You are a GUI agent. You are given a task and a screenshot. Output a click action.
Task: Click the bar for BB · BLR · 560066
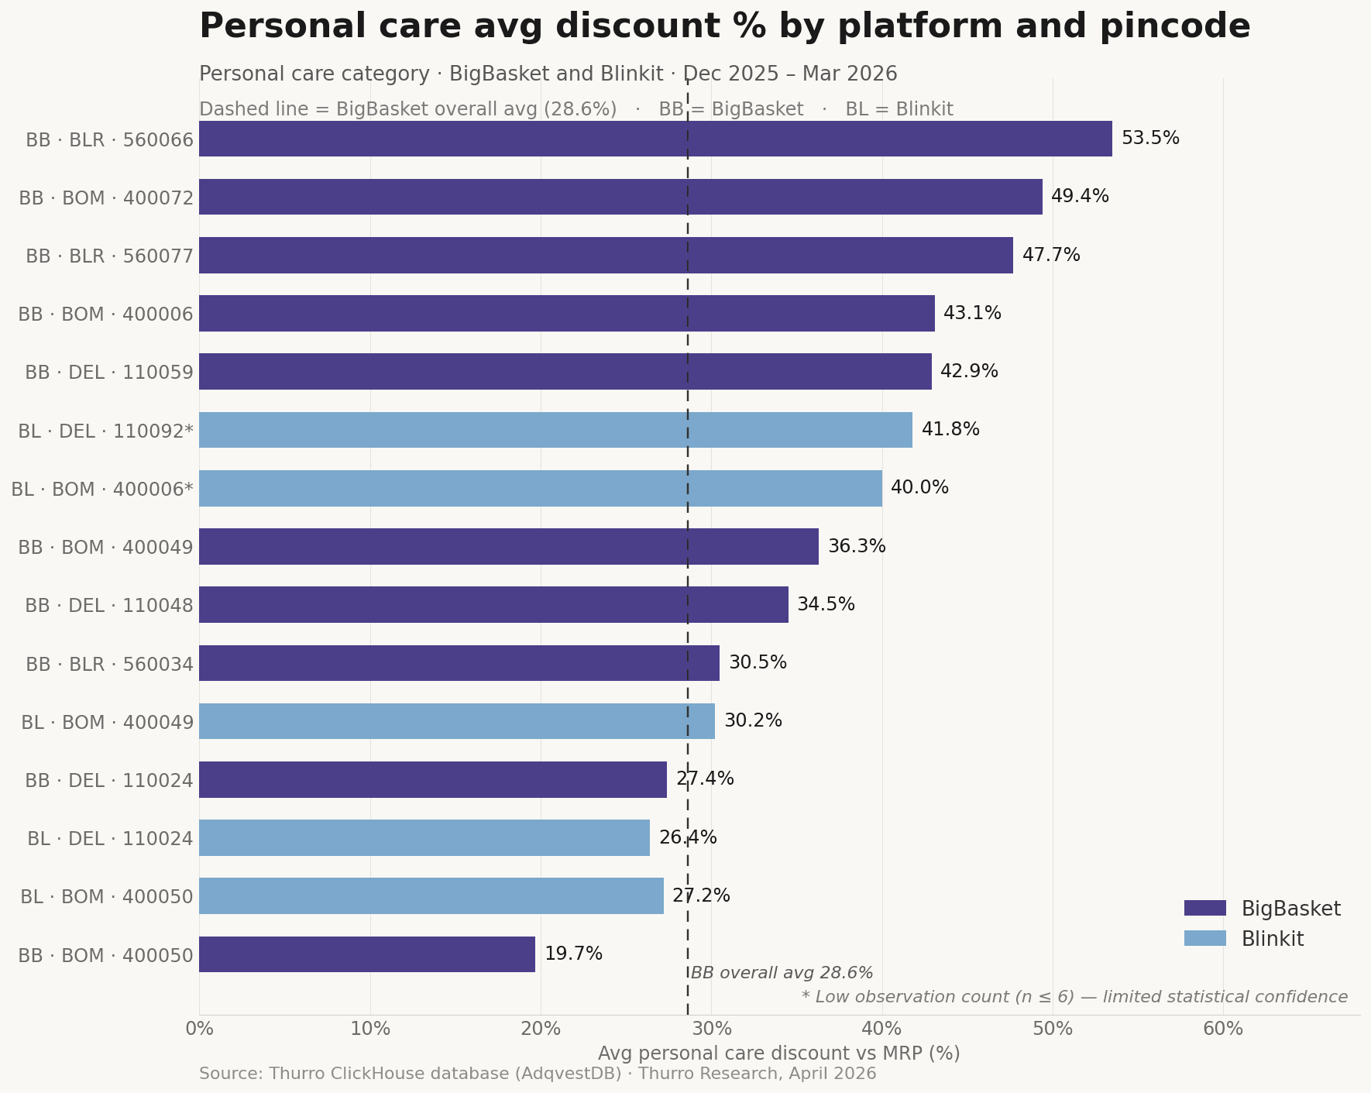[x=655, y=139]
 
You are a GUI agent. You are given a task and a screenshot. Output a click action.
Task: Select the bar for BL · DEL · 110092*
[x=555, y=430]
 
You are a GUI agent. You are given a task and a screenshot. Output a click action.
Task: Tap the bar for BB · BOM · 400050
[x=367, y=954]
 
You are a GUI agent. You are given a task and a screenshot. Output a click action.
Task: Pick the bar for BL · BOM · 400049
[x=457, y=721]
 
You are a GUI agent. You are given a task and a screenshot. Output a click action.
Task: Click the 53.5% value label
[x=1150, y=139]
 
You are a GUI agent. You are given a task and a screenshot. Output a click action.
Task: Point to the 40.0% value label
[x=919, y=488]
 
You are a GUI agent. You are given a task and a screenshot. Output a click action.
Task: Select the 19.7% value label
[x=573, y=954]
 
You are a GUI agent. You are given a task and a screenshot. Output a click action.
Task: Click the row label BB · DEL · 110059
[x=109, y=373]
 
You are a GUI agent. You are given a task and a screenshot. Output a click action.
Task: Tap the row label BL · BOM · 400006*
[x=102, y=490]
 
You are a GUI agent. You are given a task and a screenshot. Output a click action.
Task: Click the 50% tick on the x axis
[x=1053, y=1029]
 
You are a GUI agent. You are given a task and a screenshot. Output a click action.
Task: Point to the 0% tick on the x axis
[x=199, y=1029]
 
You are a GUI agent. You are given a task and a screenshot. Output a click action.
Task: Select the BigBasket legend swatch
[x=1205, y=909]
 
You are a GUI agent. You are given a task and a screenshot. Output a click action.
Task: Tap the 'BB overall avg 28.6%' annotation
[x=782, y=974]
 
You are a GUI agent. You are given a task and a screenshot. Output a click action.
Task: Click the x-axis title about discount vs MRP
[x=778, y=1053]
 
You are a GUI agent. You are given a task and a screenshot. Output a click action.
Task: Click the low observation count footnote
[x=1074, y=998]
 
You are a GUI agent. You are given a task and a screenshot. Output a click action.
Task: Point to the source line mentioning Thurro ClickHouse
[x=538, y=1074]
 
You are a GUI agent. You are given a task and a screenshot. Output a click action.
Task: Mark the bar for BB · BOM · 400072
[x=620, y=197]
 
